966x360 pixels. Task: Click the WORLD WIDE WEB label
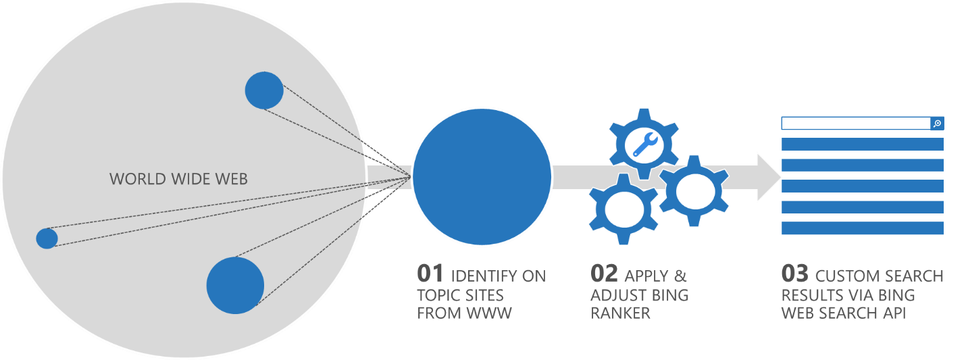point(178,179)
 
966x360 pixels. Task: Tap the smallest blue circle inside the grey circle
point(47,238)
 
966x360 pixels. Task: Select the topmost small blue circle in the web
point(263,91)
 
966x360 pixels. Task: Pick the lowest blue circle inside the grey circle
point(235,285)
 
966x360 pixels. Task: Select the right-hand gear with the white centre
point(692,190)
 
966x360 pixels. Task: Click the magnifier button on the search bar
point(937,124)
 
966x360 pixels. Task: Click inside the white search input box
point(855,124)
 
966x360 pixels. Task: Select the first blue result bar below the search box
point(862,145)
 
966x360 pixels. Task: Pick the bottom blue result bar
point(862,228)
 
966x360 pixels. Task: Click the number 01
point(430,274)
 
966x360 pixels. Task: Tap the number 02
point(605,274)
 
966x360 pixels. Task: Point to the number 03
point(795,274)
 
